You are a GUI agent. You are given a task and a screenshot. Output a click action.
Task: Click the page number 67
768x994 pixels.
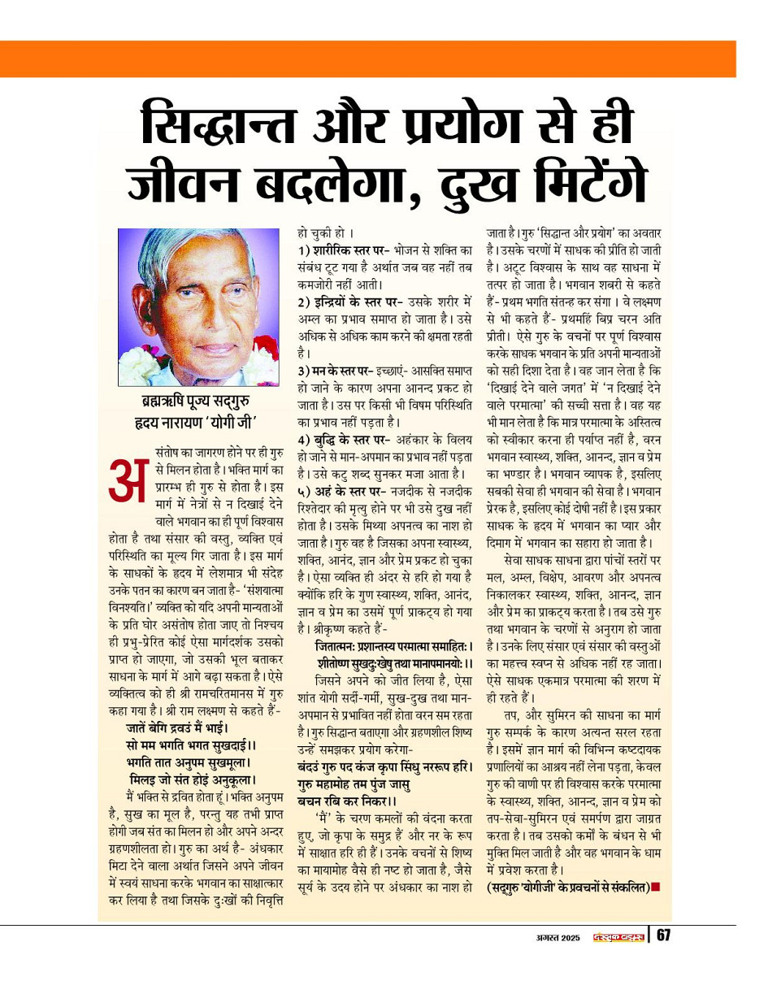(663, 935)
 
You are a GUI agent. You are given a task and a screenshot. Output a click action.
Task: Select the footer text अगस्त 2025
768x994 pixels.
(552, 937)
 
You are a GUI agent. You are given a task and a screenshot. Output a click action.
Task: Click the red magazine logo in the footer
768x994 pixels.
(618, 937)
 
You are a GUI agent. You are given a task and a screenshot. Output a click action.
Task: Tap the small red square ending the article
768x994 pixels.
(656, 887)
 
